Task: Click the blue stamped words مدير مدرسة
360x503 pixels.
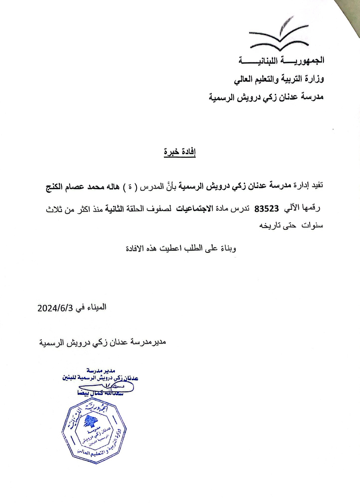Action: (100, 371)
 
